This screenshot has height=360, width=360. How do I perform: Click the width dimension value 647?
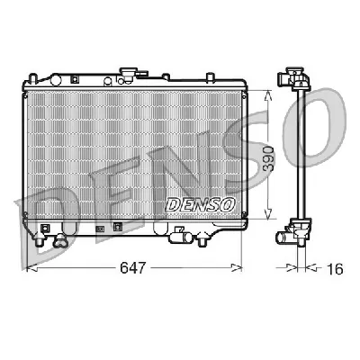point(132,268)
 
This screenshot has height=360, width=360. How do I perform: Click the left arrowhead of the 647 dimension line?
point(27,268)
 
